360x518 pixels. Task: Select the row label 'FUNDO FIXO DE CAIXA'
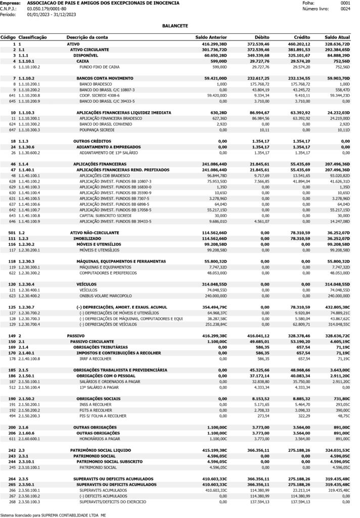[100, 67]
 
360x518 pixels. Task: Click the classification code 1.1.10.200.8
[29, 95]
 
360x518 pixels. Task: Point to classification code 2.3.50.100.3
[29, 502]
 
